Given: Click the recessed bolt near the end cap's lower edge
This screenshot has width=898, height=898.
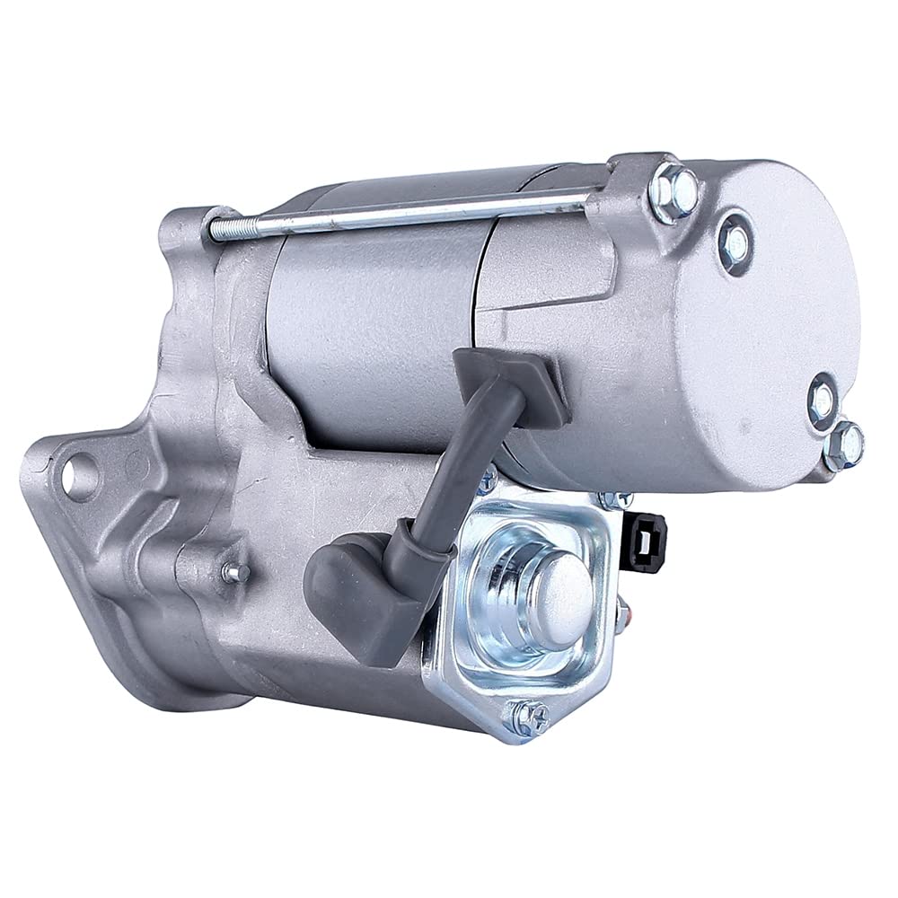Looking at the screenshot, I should pyautogui.click(x=821, y=401).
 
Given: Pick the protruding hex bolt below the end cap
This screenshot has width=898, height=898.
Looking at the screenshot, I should pyautogui.click(x=844, y=445).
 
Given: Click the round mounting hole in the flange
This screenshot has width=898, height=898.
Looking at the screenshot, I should pyautogui.click(x=79, y=473).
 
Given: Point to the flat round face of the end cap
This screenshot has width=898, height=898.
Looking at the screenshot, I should pyautogui.click(x=763, y=332).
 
